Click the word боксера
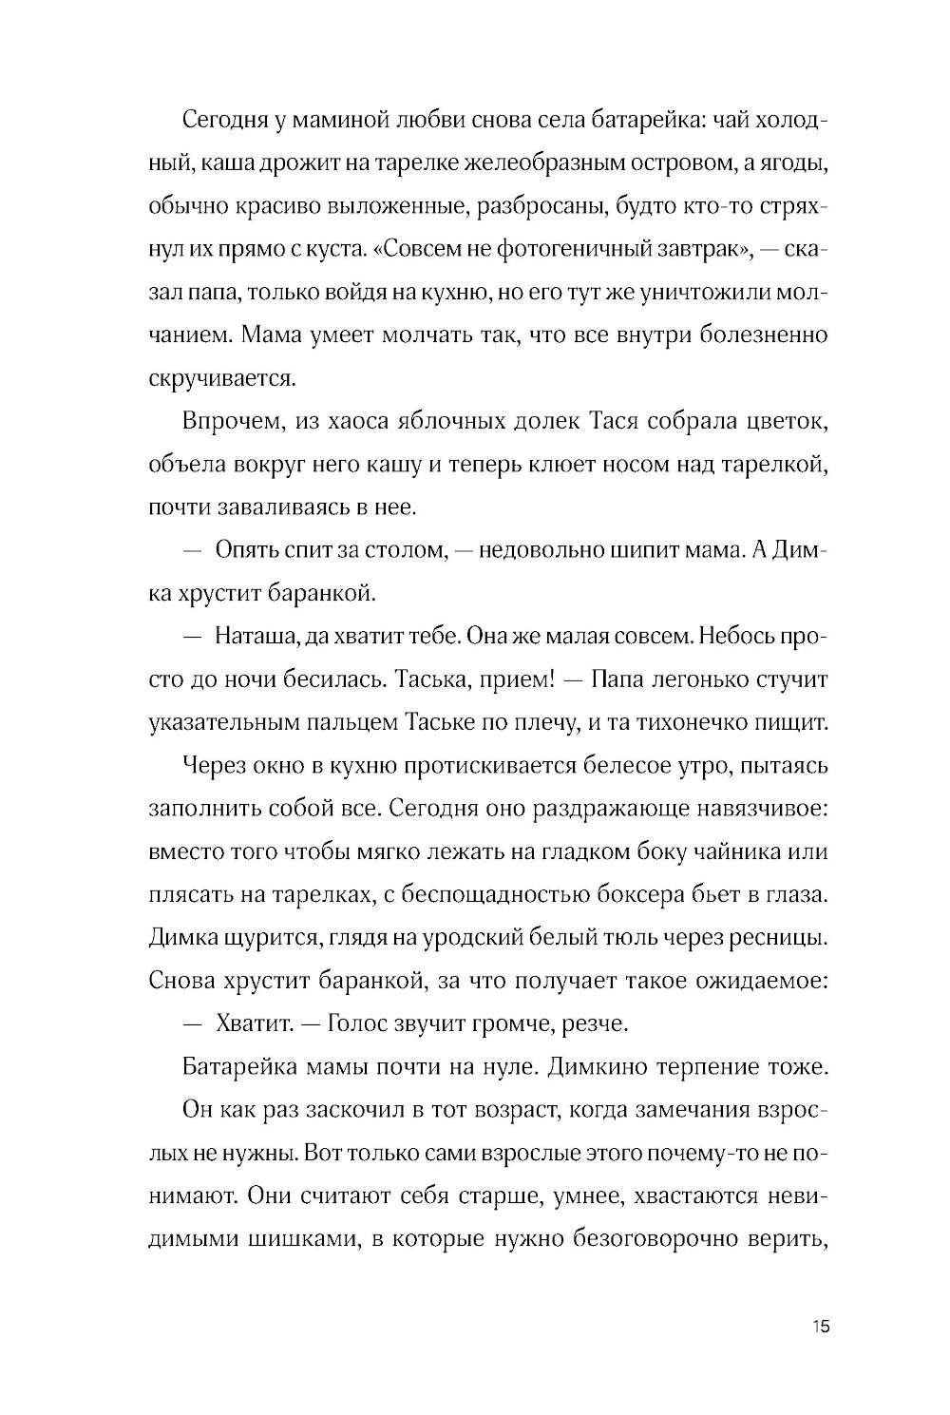(x=683, y=895)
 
